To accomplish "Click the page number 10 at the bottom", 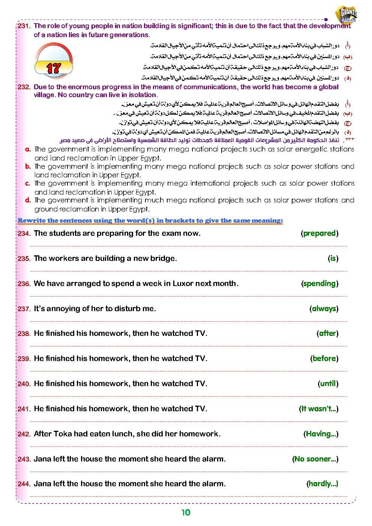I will [186, 513].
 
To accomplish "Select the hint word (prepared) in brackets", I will [319, 233].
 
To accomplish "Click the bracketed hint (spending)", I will [319, 283].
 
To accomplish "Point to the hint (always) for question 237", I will [324, 309].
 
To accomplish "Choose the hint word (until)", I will [328, 384].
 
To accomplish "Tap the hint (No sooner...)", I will [315, 459].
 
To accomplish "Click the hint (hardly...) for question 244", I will [322, 484].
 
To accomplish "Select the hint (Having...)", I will [321, 434].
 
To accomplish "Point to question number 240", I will [24, 384].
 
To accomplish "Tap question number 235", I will [24, 259].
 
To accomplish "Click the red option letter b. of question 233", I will [28, 166].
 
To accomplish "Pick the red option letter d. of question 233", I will [28, 200].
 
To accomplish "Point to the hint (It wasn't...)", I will [318, 409].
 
